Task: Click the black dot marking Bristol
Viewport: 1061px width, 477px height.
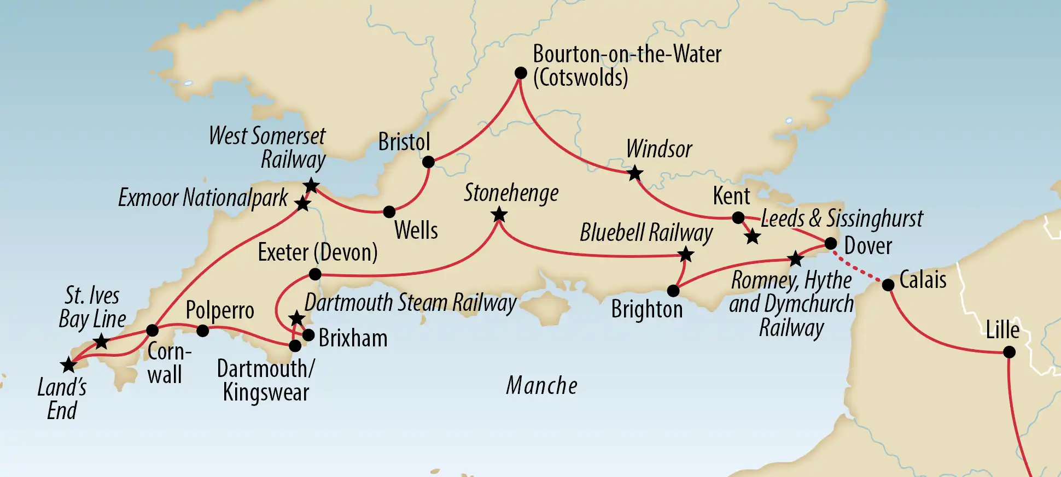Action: (428, 162)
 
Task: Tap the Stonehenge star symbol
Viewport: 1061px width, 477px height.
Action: (499, 215)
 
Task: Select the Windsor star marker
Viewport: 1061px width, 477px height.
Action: (634, 174)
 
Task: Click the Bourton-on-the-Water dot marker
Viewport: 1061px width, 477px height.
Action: (521, 73)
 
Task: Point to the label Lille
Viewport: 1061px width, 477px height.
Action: (1002, 330)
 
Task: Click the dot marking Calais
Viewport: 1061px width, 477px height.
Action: (888, 285)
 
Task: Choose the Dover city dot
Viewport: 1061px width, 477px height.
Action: (830, 243)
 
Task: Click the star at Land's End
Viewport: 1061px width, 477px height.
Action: (68, 365)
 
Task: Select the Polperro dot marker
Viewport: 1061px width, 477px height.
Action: (202, 331)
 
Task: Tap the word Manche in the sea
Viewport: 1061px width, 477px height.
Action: (541, 386)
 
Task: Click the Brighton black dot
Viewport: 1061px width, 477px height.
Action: (673, 291)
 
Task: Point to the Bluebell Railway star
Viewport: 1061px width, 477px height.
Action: (685, 255)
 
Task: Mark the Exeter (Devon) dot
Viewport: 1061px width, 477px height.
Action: (315, 274)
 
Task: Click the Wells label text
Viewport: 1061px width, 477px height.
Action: (416, 230)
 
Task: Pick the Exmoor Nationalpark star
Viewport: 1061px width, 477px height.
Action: (302, 204)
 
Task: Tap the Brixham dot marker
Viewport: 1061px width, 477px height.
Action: (308, 335)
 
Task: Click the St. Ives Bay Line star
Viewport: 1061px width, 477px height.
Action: (101, 343)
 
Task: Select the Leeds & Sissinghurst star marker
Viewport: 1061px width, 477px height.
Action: (753, 237)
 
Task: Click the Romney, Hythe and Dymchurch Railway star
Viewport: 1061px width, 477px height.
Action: (795, 259)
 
